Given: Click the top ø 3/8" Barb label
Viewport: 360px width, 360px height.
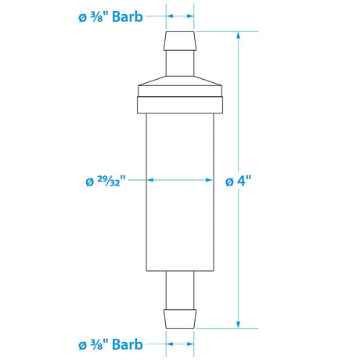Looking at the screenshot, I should point(110,16).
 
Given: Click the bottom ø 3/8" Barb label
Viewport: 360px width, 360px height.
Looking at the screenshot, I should point(110,344).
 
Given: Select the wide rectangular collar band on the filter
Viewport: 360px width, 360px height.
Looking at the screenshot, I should point(180,103).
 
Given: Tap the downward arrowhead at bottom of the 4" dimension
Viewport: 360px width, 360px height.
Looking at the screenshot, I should point(237,322).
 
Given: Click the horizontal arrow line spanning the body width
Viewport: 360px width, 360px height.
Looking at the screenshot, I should point(180,180).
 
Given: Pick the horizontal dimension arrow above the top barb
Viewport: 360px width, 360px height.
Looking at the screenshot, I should point(180,16).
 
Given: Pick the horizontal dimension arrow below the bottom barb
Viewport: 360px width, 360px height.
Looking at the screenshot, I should point(180,344).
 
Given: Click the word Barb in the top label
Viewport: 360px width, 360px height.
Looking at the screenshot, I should point(127,16).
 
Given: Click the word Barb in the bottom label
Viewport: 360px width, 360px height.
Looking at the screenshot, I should point(127,344).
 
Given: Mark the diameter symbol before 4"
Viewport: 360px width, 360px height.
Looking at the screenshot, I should point(229,181).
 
